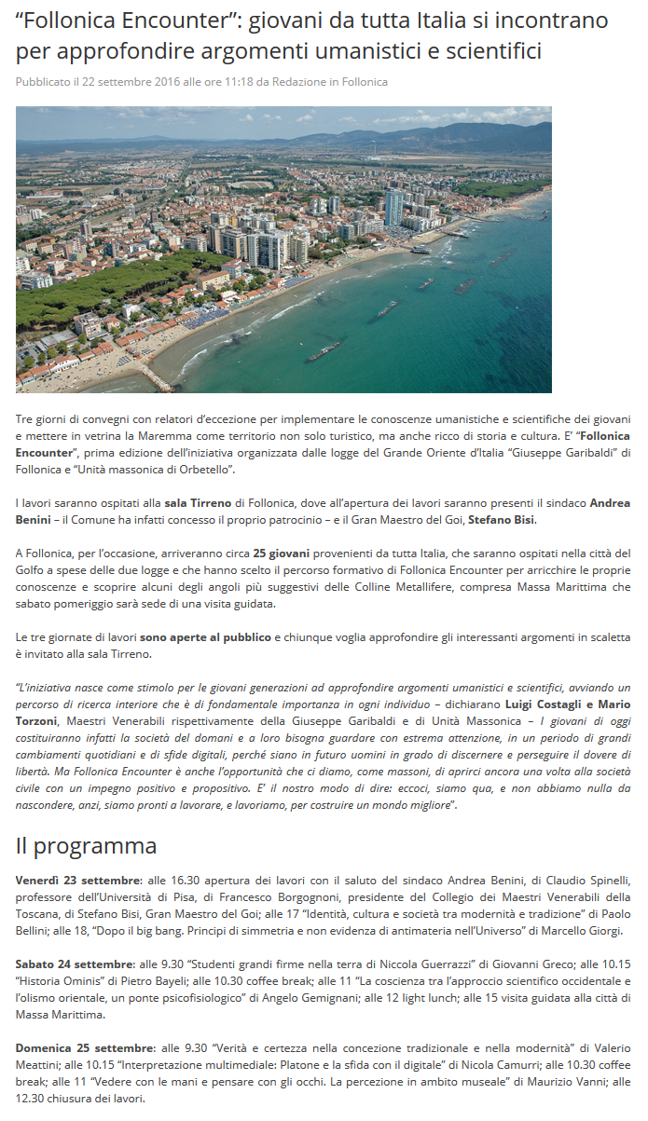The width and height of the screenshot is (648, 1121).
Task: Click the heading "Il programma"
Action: click(86, 846)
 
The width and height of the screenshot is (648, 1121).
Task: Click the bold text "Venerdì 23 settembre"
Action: click(77, 881)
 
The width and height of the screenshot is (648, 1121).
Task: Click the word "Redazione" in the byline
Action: click(298, 82)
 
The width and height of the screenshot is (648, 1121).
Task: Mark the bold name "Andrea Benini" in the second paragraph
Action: click(610, 503)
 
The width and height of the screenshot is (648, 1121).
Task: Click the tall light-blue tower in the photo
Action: click(393, 208)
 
